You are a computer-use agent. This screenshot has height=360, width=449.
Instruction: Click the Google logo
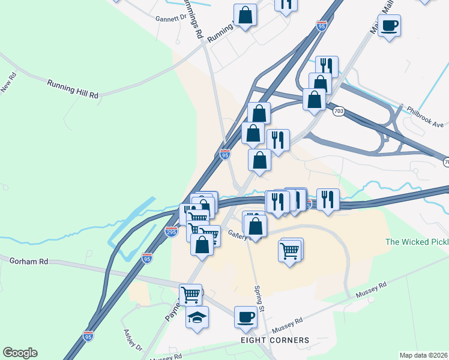(x=20, y=353)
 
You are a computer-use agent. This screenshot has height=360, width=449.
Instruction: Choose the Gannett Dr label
(x=171, y=18)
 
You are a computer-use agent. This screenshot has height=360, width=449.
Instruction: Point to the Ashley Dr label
(x=133, y=340)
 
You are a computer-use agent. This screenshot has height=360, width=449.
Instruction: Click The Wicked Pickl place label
(x=417, y=242)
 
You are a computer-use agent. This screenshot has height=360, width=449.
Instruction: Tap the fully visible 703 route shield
(x=339, y=111)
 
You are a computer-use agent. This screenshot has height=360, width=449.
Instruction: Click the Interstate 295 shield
(x=171, y=232)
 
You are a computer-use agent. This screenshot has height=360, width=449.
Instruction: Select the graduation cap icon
(x=196, y=317)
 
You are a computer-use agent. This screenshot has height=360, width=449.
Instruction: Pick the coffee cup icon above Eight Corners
(x=245, y=316)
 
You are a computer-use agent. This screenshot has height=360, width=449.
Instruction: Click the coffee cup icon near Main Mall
(x=388, y=26)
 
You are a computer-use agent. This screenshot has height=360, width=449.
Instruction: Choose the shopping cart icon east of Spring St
(x=290, y=250)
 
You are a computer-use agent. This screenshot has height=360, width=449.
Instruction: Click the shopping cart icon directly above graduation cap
(x=190, y=295)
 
